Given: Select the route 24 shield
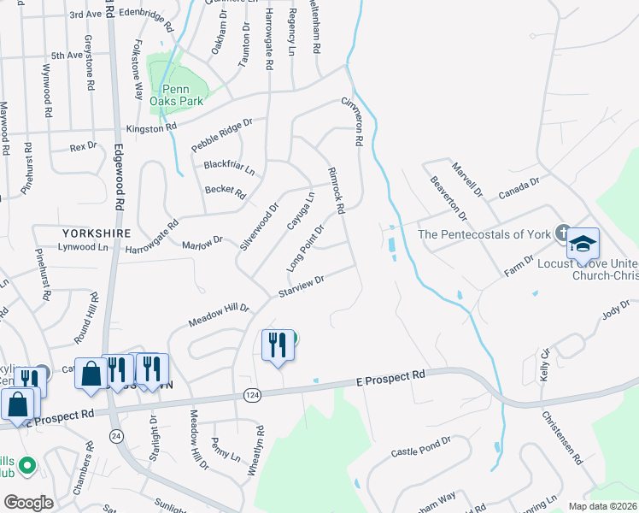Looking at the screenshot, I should click(x=115, y=436).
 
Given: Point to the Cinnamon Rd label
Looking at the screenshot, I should click(x=353, y=119).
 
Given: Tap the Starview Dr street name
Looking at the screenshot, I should click(x=301, y=286).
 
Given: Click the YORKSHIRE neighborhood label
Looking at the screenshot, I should click(x=95, y=233).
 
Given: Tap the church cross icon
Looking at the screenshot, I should click(x=562, y=232).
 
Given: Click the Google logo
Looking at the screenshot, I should click(x=28, y=503).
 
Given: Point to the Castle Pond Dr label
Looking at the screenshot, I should click(x=420, y=445).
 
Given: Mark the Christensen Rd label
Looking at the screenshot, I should click(x=560, y=436).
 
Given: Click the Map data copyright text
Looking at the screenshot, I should click(x=601, y=505).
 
